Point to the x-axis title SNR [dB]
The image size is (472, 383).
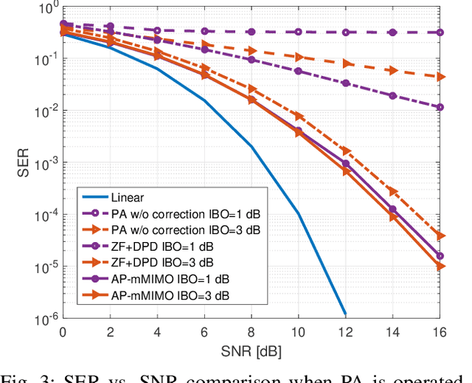251,348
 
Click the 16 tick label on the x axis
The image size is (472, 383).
440,330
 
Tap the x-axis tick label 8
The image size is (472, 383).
251,330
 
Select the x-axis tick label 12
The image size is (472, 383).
346,330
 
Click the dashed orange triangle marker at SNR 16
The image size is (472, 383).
440,77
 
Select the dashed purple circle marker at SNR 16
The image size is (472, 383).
440,32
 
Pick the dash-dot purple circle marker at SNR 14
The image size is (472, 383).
393,96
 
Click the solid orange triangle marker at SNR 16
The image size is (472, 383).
440,266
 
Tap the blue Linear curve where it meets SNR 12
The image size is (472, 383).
344,313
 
